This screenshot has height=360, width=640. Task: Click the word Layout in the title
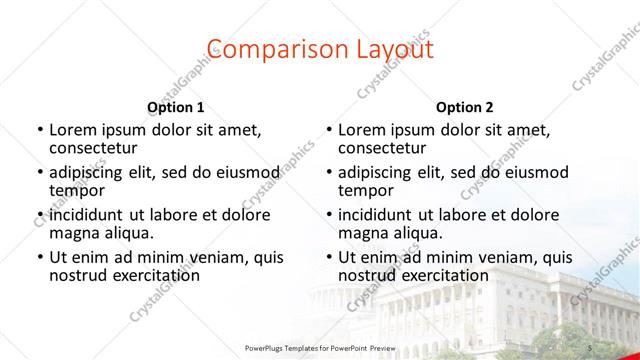(393, 49)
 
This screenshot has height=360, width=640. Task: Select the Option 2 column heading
(465, 107)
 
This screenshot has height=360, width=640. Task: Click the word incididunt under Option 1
(90, 214)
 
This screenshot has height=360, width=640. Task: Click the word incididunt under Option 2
(380, 214)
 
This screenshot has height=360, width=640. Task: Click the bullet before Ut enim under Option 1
(39, 257)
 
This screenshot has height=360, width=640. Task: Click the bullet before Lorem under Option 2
(329, 129)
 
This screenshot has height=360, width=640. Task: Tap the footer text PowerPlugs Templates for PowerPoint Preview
(320, 347)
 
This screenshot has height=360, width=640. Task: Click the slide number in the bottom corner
(591, 347)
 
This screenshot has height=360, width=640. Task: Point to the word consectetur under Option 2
(385, 147)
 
